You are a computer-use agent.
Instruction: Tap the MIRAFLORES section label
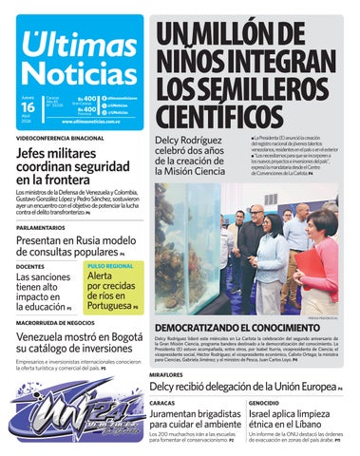pyautogui.click(x=165, y=375)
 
